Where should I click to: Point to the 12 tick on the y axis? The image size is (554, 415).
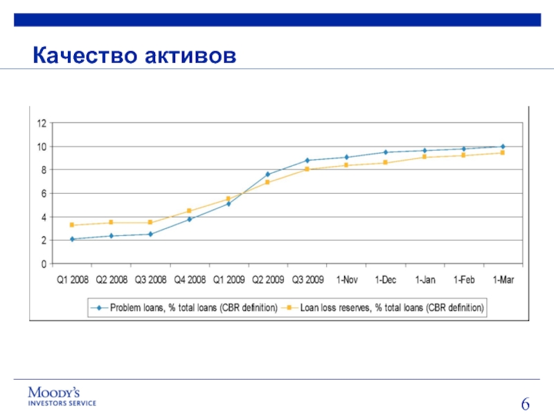coord(42,123)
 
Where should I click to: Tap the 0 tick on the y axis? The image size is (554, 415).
coord(44,264)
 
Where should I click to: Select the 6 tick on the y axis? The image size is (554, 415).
coord(44,194)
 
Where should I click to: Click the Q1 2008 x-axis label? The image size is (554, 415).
coord(72,281)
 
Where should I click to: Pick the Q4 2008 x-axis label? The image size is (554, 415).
coord(189,281)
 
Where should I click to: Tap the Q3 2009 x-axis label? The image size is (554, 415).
coord(306,281)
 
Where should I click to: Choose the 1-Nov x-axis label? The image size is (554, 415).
coord(346,281)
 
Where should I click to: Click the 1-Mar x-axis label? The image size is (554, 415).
coord(503,281)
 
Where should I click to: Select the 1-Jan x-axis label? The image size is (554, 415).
coord(425,281)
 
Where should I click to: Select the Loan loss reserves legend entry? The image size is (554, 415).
coord(388,306)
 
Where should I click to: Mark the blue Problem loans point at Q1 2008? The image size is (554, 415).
coord(72,239)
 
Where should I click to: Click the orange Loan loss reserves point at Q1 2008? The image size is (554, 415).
coord(72,225)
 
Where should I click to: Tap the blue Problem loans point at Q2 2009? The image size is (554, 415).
coord(267,174)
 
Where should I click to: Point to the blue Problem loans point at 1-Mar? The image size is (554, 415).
coord(503,147)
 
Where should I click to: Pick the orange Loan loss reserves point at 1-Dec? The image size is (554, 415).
coord(385,163)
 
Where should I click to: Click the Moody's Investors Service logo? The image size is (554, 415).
coord(62,395)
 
